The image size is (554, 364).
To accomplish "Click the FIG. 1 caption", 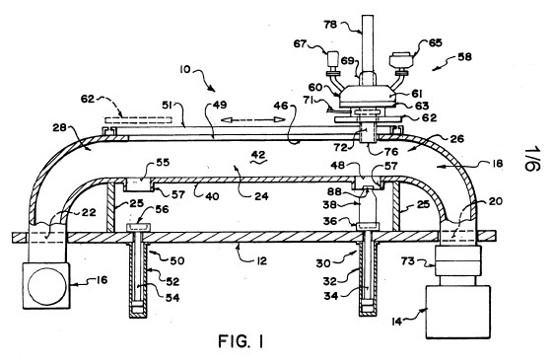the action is (x=241, y=341).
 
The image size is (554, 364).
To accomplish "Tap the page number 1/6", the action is (x=531, y=159).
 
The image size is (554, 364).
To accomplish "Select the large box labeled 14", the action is (x=458, y=312).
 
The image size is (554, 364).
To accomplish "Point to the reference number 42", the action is (x=258, y=155).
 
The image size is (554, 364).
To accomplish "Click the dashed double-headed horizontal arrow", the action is (x=252, y=119).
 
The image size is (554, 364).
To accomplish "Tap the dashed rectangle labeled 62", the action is (x=138, y=120).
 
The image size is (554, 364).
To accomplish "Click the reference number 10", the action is (x=185, y=69).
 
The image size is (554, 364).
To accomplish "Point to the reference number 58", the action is (x=464, y=57).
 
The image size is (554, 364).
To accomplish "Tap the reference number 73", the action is (x=408, y=261).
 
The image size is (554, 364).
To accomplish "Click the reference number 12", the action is (x=261, y=261).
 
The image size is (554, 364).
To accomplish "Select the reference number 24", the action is (x=261, y=195).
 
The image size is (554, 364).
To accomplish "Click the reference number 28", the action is (x=59, y=128).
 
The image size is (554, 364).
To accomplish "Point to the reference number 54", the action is (x=173, y=298).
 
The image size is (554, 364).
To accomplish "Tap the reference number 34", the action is (x=331, y=296).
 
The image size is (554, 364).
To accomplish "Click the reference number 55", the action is (x=163, y=163).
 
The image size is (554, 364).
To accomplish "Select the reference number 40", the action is (x=212, y=195).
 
